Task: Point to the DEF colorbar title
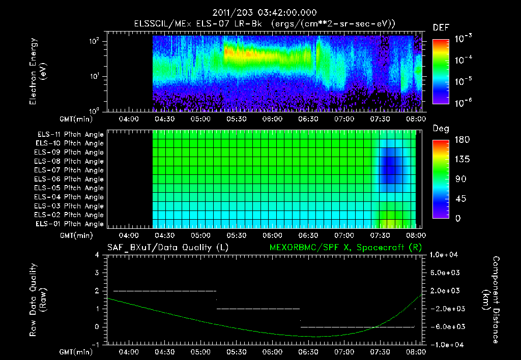441,28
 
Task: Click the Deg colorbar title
441,129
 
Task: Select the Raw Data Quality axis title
38,300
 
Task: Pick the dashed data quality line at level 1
258,309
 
